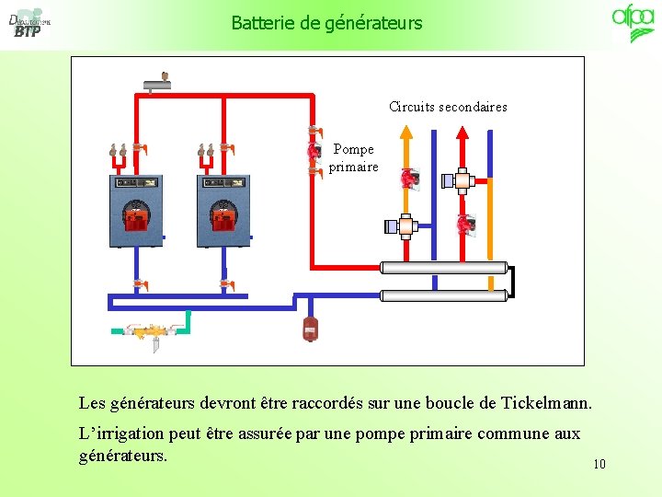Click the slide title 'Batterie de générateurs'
point(326,23)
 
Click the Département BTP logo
point(29,23)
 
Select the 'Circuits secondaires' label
point(448,107)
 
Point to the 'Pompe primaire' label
point(353,157)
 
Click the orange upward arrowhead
point(406,132)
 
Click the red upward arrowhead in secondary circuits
point(462,133)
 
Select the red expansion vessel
point(310,329)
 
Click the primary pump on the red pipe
point(314,150)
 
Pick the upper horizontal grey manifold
point(444,268)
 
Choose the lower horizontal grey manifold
point(444,295)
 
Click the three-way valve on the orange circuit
point(404,226)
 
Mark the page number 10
point(599,464)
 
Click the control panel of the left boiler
point(136,182)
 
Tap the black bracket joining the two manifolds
point(513,282)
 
